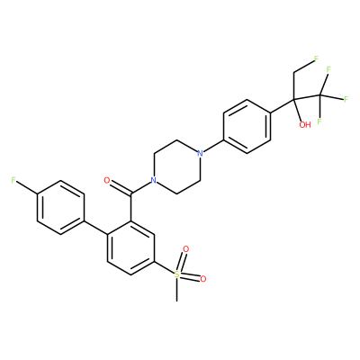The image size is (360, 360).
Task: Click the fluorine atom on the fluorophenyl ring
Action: point(13,180)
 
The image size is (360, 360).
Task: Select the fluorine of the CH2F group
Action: point(316,58)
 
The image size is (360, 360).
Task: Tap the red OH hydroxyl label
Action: point(305,124)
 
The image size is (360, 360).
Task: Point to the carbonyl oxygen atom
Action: point(106,180)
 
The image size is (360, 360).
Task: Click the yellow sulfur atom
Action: point(177,274)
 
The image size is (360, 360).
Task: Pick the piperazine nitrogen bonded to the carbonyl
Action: point(154,180)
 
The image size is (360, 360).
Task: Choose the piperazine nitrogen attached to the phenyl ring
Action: point(200,154)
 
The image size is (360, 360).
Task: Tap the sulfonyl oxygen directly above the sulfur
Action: point(186,249)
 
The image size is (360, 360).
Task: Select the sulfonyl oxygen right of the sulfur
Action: point(203,279)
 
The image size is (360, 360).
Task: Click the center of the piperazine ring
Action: point(177,167)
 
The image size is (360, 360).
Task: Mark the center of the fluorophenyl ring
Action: point(60,207)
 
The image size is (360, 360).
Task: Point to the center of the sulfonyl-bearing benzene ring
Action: point(130,247)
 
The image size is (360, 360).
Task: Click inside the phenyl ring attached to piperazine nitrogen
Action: point(247,127)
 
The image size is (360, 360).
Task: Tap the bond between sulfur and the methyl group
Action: point(177,289)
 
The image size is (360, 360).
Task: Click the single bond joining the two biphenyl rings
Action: point(95,228)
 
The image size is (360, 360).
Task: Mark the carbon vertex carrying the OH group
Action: point(294,99)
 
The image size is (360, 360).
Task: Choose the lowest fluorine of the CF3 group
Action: point(319,121)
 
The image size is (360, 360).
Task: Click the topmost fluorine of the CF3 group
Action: point(328,69)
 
